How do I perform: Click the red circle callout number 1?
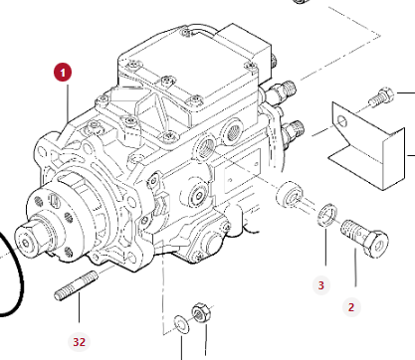(63, 73)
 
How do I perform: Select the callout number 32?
(79, 342)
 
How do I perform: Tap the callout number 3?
(321, 285)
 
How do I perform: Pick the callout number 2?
(351, 307)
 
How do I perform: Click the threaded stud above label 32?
(77, 285)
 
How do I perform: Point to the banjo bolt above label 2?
(364, 238)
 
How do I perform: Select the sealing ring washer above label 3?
(327, 215)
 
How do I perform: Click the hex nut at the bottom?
(201, 312)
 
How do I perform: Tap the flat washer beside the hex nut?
(182, 324)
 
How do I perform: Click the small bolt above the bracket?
(381, 96)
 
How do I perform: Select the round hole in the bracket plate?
(342, 122)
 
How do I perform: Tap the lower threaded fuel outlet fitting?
(293, 130)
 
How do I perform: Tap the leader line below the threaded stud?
(79, 307)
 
